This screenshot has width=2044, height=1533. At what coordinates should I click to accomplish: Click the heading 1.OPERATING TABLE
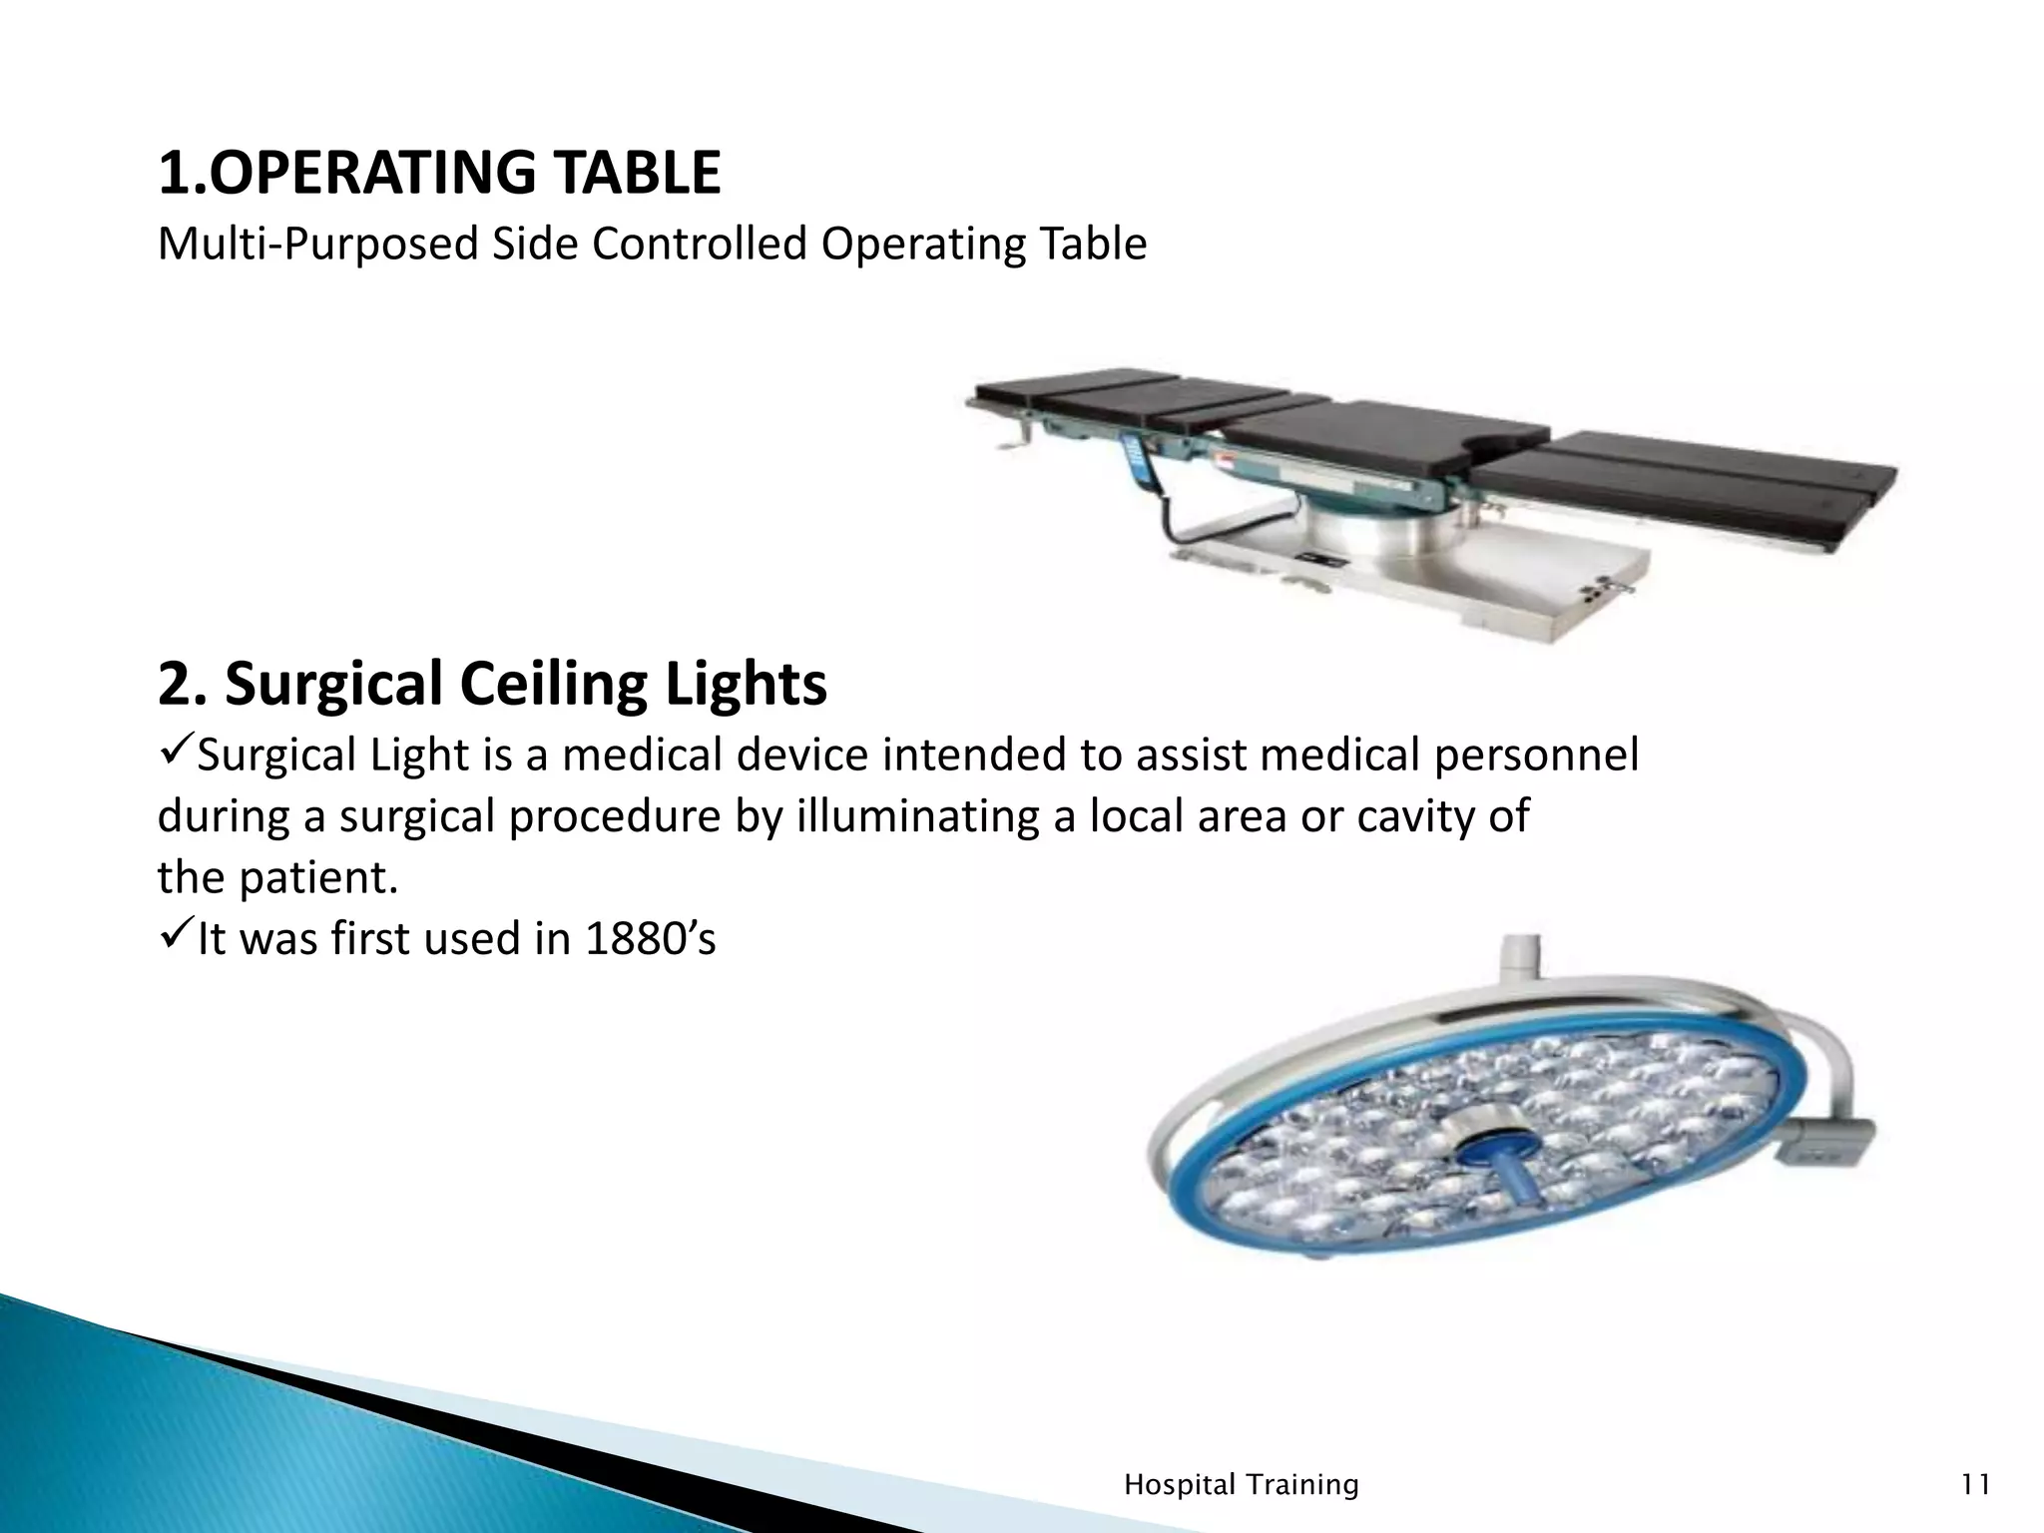coord(439,173)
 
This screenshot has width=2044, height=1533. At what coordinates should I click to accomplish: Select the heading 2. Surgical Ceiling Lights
coord(492,685)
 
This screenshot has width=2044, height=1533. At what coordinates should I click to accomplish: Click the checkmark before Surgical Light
coord(176,753)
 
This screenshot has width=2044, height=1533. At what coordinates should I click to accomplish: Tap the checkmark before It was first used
coord(176,937)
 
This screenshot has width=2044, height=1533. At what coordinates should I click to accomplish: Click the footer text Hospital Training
coord(1241,1485)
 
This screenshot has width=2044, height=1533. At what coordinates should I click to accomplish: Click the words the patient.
coord(277,878)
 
